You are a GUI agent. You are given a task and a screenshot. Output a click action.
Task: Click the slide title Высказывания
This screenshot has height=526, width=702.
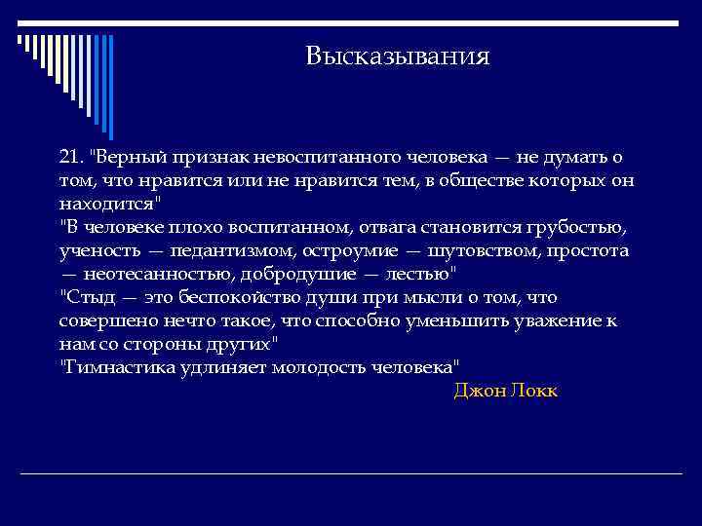[x=397, y=56]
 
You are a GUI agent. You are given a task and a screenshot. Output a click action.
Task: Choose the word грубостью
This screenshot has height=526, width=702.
[x=555, y=228]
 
